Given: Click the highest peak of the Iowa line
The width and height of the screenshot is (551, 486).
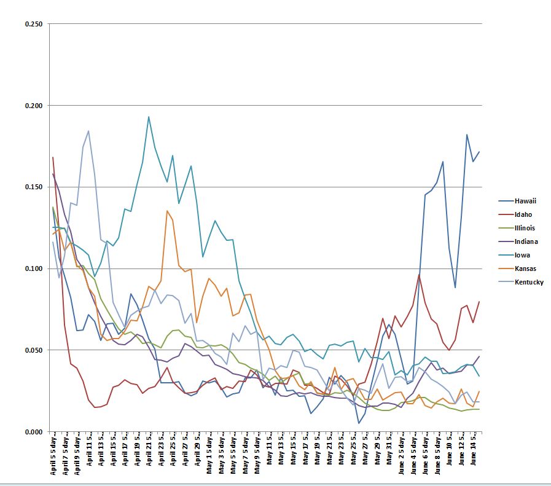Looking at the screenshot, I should point(149,117).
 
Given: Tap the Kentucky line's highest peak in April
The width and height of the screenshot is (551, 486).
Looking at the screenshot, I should point(88,131).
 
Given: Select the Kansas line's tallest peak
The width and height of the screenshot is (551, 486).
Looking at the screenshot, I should point(167,211).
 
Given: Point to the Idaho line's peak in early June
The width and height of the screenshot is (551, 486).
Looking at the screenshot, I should point(419,275).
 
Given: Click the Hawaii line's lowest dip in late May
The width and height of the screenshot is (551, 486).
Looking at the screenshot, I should point(359,423).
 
